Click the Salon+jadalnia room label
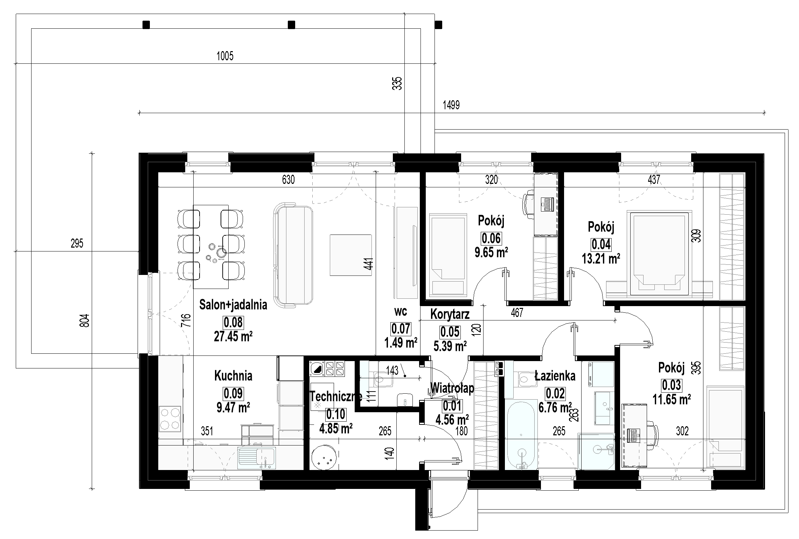click(x=233, y=305)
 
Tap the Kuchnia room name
click(x=233, y=376)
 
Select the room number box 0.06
click(x=491, y=239)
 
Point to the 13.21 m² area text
click(x=601, y=258)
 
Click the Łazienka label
click(x=555, y=376)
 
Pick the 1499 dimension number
click(x=451, y=105)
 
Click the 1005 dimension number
click(x=225, y=56)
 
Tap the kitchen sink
click(x=257, y=458)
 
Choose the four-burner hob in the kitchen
click(x=170, y=419)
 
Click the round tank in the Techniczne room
click(x=325, y=457)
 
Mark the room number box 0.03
click(x=671, y=385)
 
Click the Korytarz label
click(x=450, y=314)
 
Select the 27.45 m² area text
click(x=233, y=336)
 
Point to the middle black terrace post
click(x=291, y=25)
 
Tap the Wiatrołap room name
click(x=452, y=388)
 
